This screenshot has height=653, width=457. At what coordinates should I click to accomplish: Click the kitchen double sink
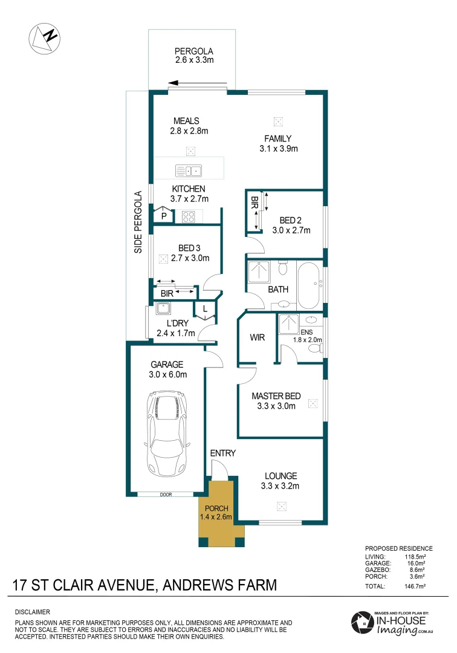(x=188, y=170)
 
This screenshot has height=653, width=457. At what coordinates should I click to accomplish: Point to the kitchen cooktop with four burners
(x=187, y=215)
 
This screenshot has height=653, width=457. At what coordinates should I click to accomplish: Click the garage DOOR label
(x=166, y=495)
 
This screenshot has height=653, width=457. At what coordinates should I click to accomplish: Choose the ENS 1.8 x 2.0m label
(x=308, y=336)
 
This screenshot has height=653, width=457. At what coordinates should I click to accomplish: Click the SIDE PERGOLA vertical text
(x=137, y=222)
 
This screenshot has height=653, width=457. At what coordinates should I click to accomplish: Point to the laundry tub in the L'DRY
(x=163, y=309)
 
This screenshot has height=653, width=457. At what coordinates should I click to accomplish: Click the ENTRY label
(x=222, y=453)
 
